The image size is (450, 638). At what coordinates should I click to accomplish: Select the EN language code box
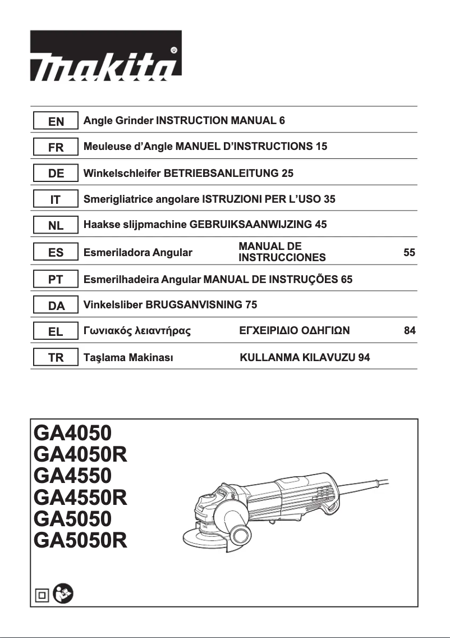point(56,121)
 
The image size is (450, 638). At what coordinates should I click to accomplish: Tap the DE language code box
point(56,174)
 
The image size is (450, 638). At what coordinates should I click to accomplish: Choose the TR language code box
point(56,358)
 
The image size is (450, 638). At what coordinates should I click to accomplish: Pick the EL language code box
point(56,331)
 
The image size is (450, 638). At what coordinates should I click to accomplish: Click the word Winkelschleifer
point(121,174)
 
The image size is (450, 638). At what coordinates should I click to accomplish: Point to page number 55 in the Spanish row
point(410,253)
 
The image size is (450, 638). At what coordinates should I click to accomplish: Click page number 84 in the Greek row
point(410,331)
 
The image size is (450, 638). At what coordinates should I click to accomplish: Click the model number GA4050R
point(81,454)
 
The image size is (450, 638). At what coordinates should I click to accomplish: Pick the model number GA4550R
point(81,497)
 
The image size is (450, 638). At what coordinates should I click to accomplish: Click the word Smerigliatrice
point(112,199)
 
